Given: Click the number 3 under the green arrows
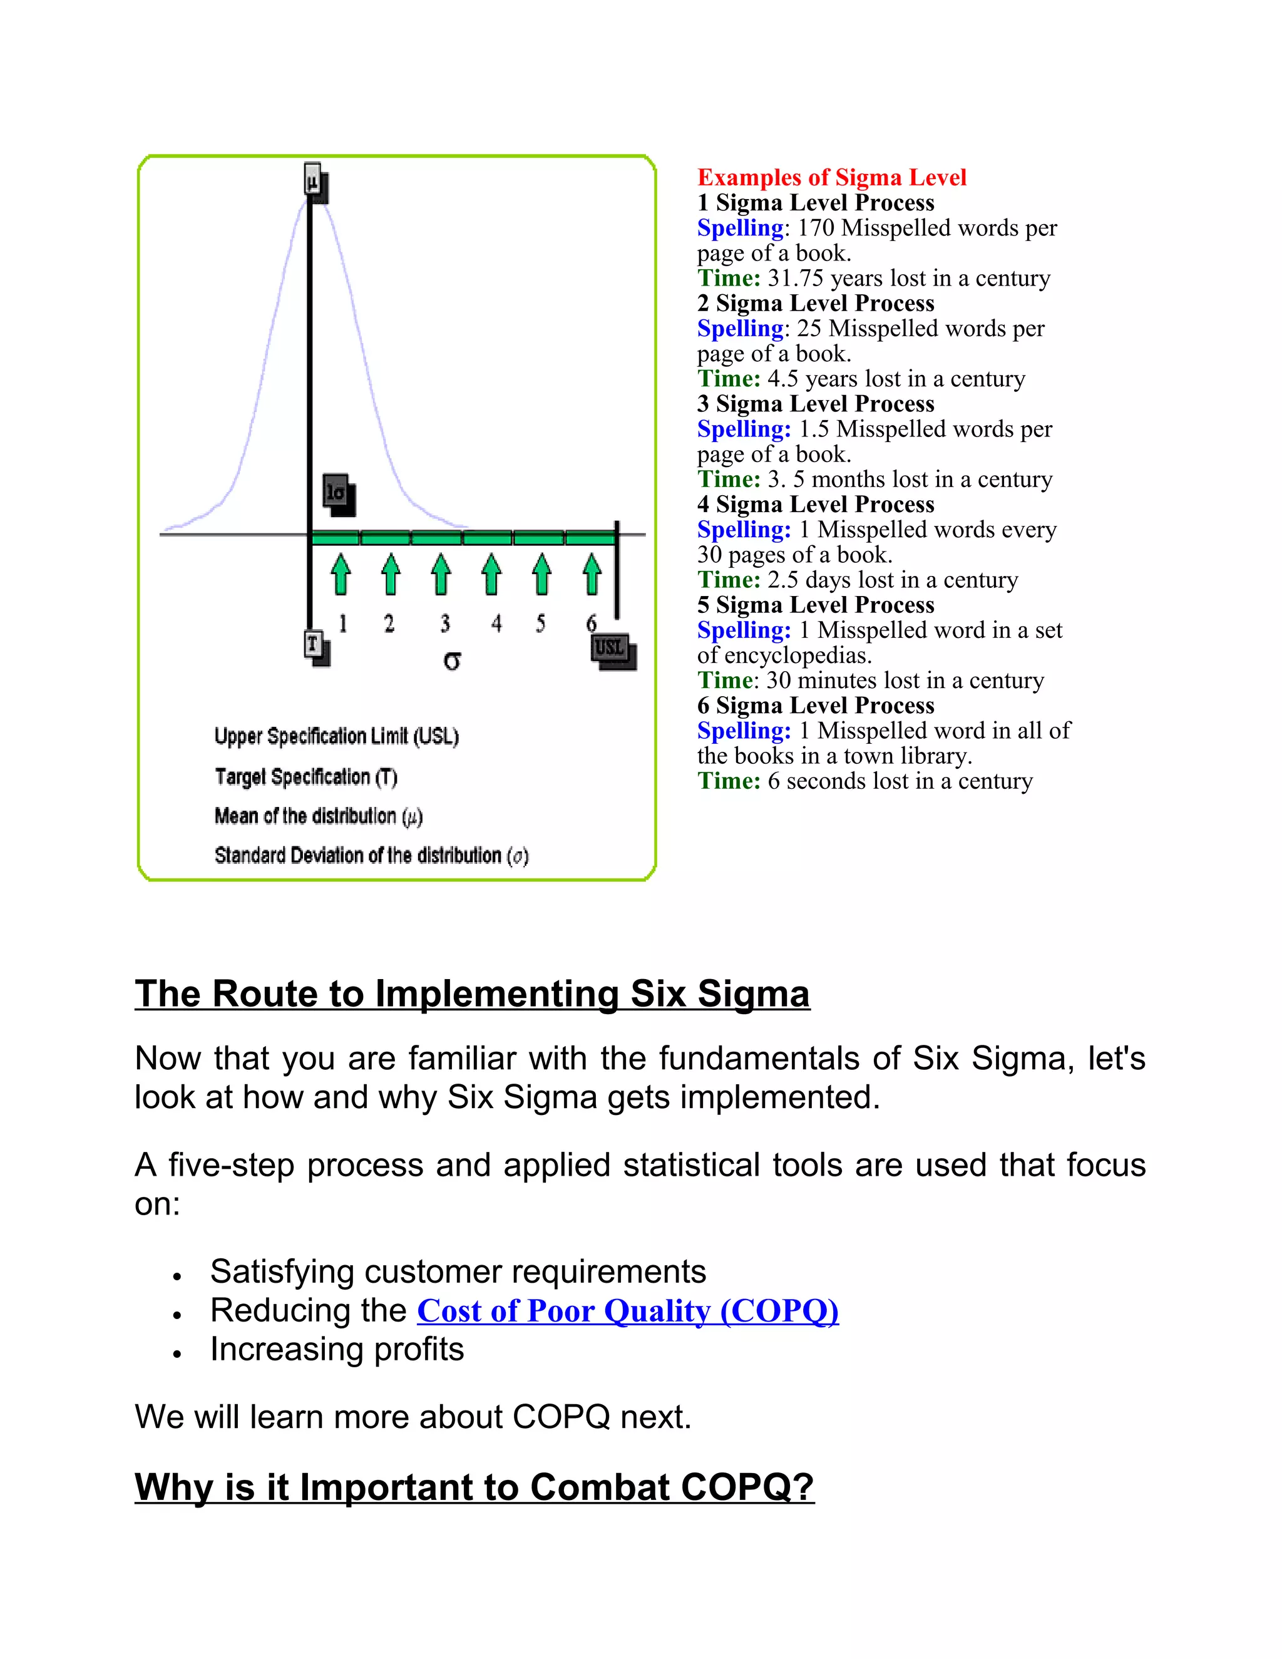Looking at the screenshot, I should pos(445,624).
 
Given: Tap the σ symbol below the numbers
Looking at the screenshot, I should pos(452,661).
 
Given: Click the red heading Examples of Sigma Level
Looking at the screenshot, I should pos(832,178).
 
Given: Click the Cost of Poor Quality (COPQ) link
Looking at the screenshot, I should pos(627,1311).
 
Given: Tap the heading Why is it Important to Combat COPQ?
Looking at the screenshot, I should pos(474,1487).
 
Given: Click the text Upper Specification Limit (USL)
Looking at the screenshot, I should pos(336,736).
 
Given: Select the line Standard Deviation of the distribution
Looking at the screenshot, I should pos(371,855).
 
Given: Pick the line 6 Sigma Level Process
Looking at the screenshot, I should pos(816,706).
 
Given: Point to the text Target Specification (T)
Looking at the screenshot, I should pos(305,776).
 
